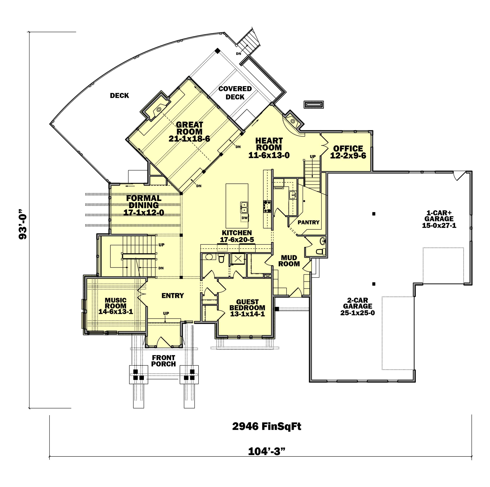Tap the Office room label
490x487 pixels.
[348, 152]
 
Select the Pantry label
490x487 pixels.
[308, 222]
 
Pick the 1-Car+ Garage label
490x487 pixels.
[439, 219]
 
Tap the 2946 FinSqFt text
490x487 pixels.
[266, 427]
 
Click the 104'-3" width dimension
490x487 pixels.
[266, 451]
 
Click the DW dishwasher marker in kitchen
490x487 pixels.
[244, 218]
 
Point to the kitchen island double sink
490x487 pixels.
[244, 207]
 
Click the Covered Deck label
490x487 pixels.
[235, 93]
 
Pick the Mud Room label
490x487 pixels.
[289, 261]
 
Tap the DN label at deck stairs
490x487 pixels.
[238, 54]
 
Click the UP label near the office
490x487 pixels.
[313, 157]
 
